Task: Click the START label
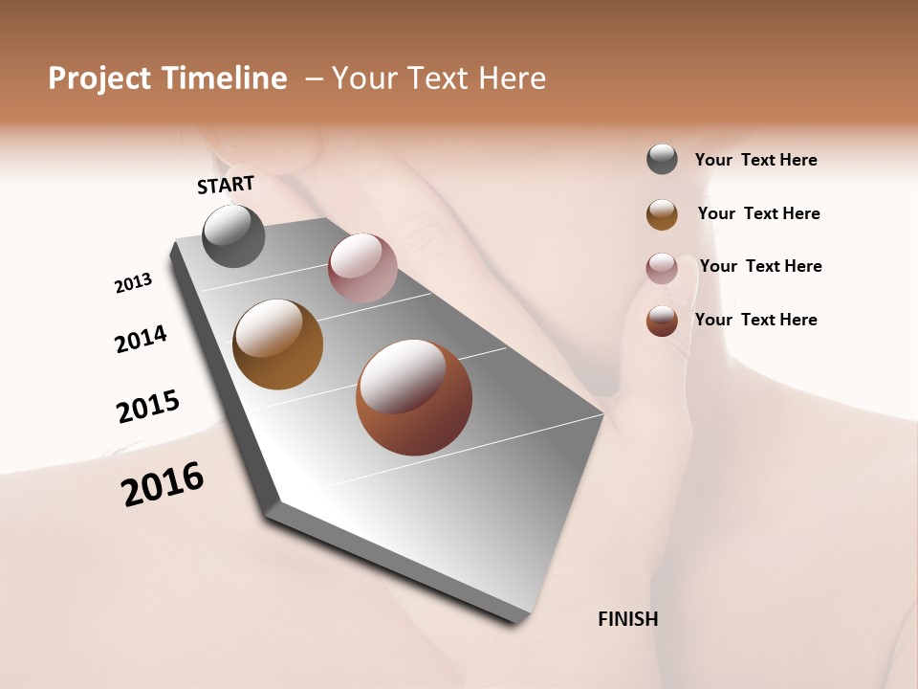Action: pos(226,185)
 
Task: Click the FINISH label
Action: pos(627,619)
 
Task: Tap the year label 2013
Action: pos(133,283)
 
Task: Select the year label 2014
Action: pos(141,339)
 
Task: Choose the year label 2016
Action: pos(163,484)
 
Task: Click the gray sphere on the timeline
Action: pos(233,236)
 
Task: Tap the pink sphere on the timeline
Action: pos(362,268)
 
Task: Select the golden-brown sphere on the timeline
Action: pos(277,344)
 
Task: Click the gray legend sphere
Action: pos(662,160)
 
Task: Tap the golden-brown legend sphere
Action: pos(662,214)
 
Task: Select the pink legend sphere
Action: pos(662,268)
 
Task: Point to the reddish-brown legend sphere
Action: pos(662,321)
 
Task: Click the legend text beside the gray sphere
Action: pos(755,160)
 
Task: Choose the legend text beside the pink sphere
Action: pos(760,266)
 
